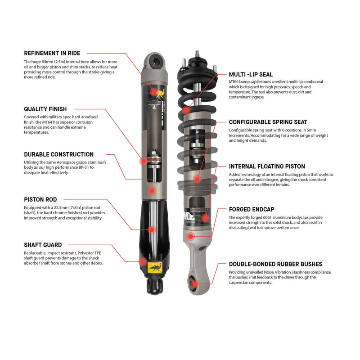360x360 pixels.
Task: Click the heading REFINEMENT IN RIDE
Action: coord(52,53)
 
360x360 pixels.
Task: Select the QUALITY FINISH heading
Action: coord(45,109)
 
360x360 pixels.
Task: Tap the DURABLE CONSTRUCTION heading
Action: coord(58,154)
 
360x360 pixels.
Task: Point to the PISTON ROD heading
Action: coord(40,199)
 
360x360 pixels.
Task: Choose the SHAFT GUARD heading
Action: coord(43,245)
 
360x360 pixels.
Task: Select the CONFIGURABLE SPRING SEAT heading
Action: coord(268,122)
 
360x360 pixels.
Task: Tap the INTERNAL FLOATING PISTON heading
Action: coord(267,166)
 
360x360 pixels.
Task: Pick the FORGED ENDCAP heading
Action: coord(251,209)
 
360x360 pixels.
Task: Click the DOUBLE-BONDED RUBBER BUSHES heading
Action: coord(275,264)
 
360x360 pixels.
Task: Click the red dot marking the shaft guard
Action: coord(144,261)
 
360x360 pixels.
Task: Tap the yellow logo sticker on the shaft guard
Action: coord(155,269)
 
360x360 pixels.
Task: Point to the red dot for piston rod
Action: coord(152,229)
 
